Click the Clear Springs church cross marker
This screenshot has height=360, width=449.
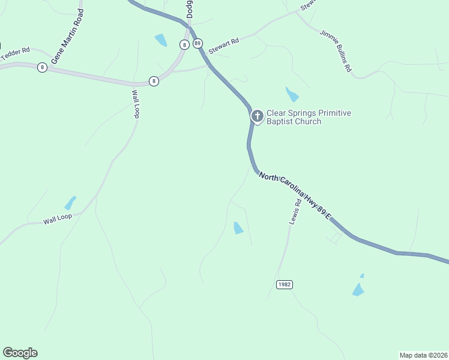point(257,116)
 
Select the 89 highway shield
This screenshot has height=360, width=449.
point(198,44)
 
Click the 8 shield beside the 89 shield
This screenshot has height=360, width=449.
point(184,44)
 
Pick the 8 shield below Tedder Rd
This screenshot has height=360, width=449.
point(42,67)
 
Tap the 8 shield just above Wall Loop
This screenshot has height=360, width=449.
point(154,81)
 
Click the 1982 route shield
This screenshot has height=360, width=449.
point(285,284)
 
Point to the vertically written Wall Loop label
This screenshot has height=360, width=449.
point(136,103)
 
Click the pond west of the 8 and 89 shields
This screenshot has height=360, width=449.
point(161,40)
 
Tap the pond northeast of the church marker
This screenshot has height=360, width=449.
point(292,95)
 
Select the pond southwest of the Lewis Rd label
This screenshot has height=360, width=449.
point(238,228)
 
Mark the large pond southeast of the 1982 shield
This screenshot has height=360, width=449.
point(358,290)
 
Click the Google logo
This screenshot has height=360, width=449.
point(20,353)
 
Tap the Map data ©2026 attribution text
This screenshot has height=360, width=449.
point(423,355)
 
